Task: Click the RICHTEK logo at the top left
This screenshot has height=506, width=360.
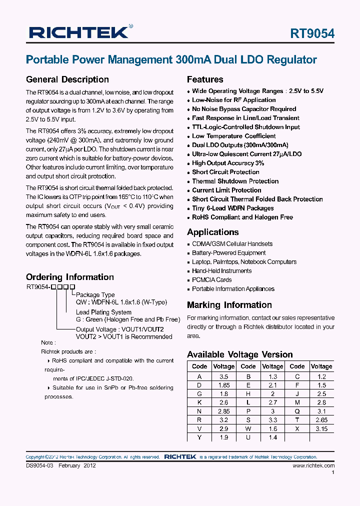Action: (x=78, y=33)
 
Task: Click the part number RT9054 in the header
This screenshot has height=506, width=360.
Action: (x=312, y=33)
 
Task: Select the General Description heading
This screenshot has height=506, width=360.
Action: (x=67, y=79)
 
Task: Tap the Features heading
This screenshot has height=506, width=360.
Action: (x=205, y=79)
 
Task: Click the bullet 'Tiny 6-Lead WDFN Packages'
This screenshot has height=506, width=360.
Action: (x=232, y=208)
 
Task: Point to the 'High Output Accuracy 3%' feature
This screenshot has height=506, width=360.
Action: (x=228, y=163)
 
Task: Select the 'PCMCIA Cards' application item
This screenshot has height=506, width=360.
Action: (x=211, y=280)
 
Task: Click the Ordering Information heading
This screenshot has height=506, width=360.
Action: (x=69, y=277)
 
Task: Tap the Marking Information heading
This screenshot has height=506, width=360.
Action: (x=229, y=305)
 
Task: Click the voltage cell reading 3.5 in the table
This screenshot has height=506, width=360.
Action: (x=223, y=376)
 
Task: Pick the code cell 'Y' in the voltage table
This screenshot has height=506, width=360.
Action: (x=199, y=437)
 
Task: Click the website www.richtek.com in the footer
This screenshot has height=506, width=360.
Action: (x=313, y=465)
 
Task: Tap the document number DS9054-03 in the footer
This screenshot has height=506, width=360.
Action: (x=39, y=465)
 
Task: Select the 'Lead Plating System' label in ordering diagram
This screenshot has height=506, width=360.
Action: (x=103, y=312)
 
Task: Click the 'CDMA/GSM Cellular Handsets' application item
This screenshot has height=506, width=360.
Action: (x=232, y=244)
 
